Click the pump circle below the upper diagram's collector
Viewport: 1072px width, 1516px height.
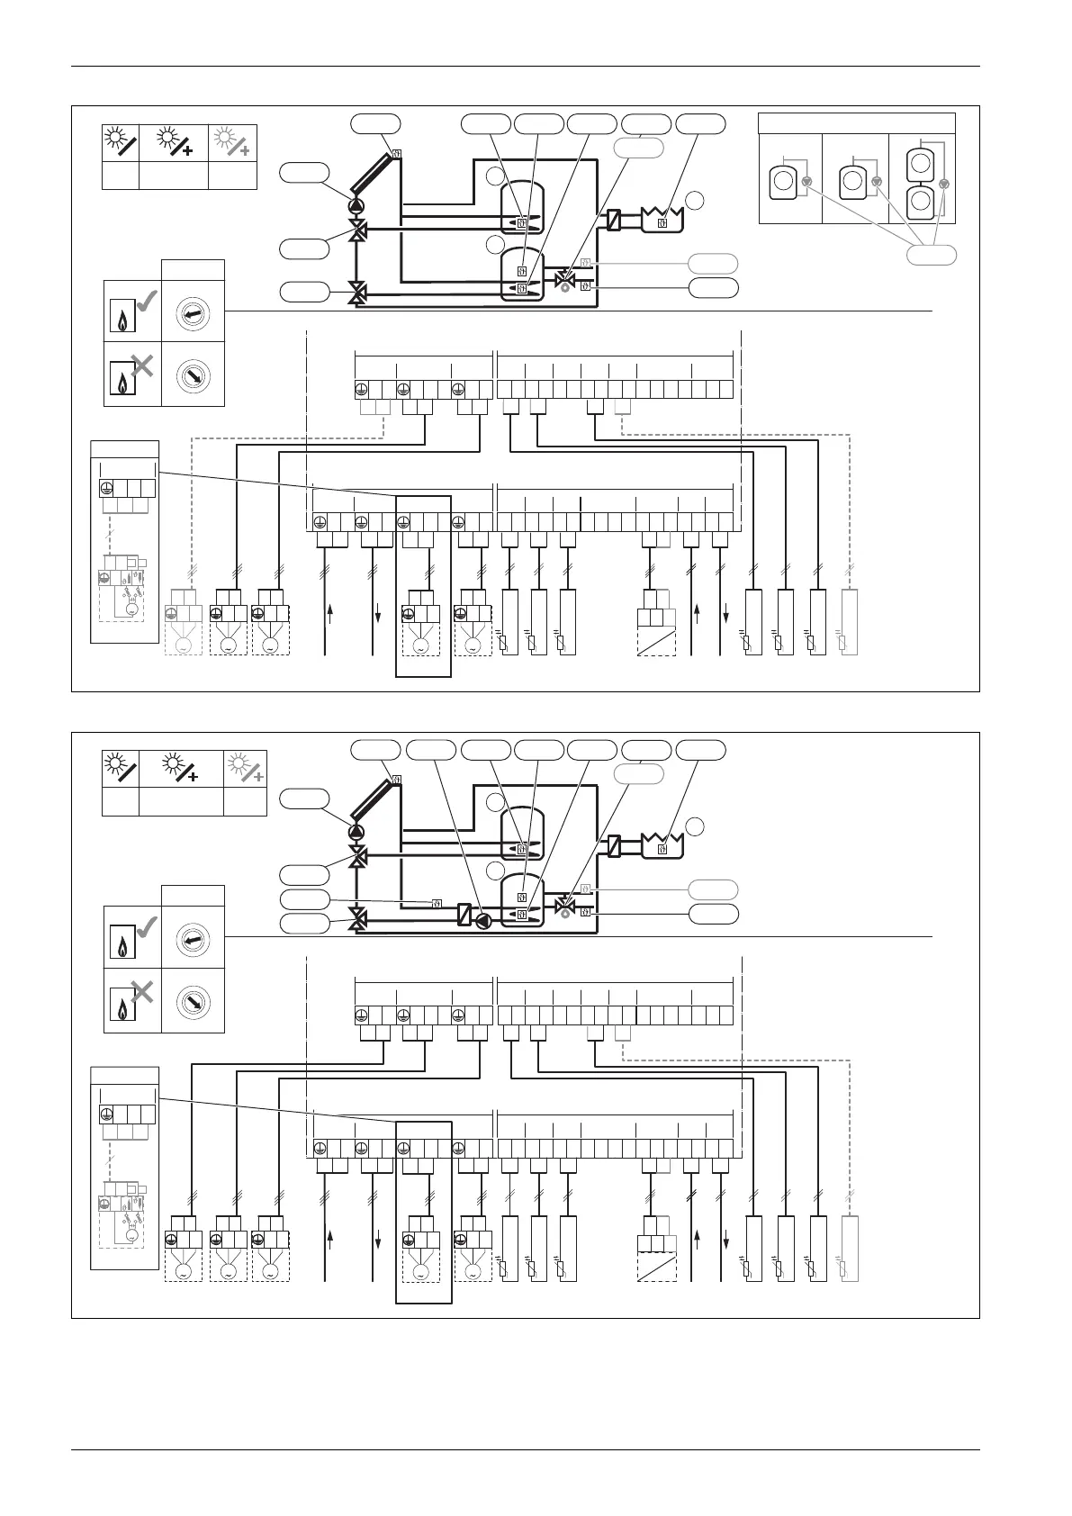357,206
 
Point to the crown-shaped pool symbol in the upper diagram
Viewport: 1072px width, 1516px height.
662,217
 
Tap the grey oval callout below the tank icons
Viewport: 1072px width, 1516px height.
931,256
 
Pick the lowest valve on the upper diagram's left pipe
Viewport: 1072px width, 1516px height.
357,292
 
